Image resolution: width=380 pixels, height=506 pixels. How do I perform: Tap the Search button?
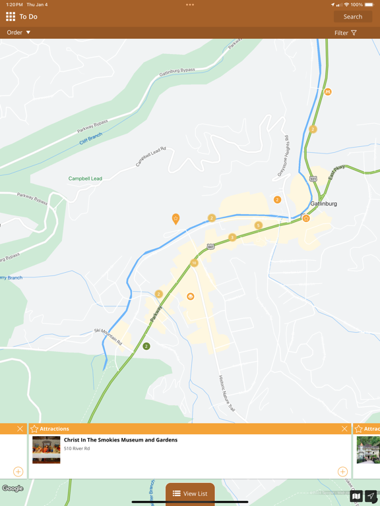pos(352,16)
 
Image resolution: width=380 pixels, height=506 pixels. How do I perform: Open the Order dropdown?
pos(18,32)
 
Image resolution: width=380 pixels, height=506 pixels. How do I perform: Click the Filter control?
pos(345,33)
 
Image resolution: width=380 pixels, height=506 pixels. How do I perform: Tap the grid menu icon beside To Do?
pos(11,16)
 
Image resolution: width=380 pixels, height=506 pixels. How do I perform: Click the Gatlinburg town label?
pos(323,204)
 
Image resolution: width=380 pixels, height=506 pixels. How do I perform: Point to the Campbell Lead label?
pos(85,179)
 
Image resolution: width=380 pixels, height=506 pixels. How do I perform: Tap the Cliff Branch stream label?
pos(91,138)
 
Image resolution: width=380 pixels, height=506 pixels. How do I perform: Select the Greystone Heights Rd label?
pos(283,155)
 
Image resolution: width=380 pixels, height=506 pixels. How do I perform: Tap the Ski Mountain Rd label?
pos(108,337)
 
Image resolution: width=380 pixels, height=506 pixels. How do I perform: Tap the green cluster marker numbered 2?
pos(146,346)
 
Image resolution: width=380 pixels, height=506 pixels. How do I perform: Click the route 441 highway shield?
pos(210,246)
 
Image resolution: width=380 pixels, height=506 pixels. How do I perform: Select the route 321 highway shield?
pos(313,179)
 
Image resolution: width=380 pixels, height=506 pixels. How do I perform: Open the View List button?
pos(190,493)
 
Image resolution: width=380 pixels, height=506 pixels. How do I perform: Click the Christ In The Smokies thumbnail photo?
pos(46,450)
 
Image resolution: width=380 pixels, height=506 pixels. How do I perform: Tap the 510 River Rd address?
pos(77,449)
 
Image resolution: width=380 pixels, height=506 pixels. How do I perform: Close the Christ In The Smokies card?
pos(344,429)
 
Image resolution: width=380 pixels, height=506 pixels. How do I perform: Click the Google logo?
pos(13,488)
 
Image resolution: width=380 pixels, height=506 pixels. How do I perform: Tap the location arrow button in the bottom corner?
pos(371,496)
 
